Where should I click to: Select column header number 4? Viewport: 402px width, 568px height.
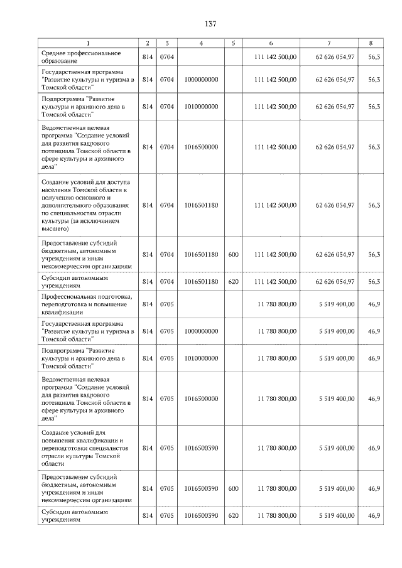pos(201,43)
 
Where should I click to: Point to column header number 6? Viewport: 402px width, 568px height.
pos(271,43)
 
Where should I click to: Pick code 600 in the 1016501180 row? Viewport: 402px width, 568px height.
pos(233,254)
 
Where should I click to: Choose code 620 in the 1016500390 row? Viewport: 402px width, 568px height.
pos(233,515)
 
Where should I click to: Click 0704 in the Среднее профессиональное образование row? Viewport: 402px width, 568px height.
pos(166,56)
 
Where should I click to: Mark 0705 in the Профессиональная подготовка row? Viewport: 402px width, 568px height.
pos(166,304)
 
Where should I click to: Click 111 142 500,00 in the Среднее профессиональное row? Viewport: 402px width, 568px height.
pos(275,56)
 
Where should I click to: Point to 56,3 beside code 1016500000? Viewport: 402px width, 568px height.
pos(374,147)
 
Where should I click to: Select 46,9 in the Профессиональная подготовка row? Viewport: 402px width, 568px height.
pos(374,304)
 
